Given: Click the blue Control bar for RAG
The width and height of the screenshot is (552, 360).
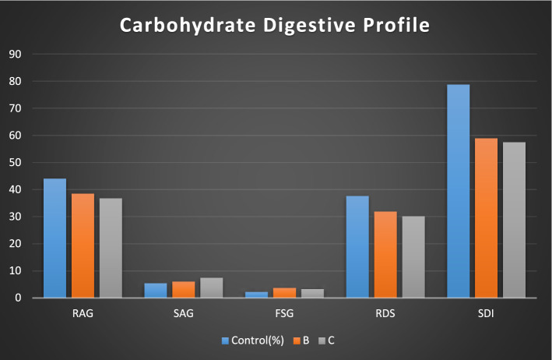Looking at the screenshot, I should (54, 238).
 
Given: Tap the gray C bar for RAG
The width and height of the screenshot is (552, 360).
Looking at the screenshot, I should (111, 248).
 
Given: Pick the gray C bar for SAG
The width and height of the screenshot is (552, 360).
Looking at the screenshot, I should (211, 288).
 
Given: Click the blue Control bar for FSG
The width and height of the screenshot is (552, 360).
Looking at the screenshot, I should (256, 295).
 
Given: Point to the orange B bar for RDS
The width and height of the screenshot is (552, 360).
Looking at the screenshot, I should (385, 255).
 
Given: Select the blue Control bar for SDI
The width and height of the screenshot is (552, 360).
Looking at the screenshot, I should (458, 191).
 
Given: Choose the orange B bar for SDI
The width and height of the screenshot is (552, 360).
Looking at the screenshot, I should (486, 218).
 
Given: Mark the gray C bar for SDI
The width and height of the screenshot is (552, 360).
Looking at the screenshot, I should (514, 220).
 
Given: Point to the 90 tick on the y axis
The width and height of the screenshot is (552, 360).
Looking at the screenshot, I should (15, 55).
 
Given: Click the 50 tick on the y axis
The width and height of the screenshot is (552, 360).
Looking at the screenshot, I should (15, 163).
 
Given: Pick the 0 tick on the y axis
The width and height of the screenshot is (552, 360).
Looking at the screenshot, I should (18, 298).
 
